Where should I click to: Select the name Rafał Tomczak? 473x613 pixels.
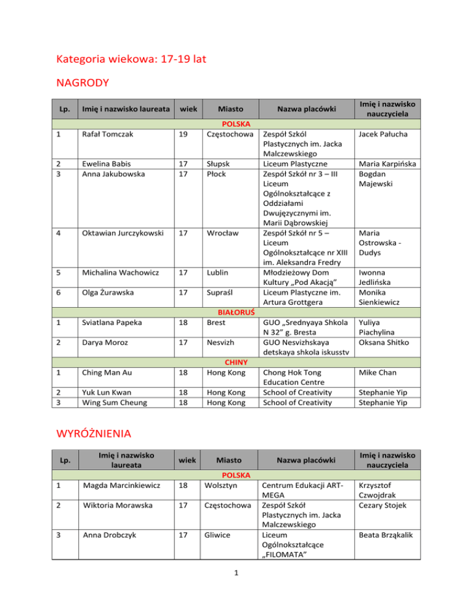[103, 133]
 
